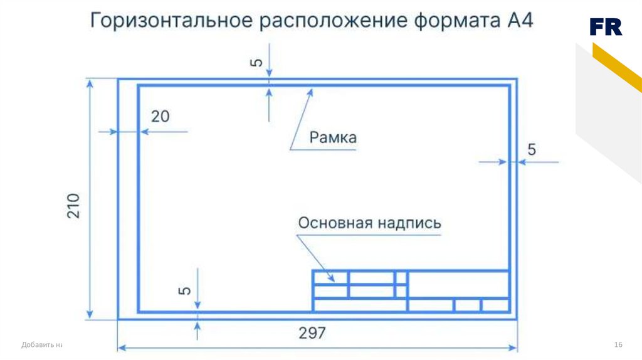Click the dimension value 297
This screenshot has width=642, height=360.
312,332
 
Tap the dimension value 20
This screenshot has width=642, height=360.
160,116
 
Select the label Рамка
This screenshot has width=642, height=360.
333,137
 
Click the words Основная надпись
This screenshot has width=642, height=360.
369,223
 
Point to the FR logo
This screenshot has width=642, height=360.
606,27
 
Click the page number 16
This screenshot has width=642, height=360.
618,345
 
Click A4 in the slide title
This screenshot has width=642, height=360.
518,20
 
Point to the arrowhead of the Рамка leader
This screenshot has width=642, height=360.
310,92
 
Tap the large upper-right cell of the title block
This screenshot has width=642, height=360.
458,283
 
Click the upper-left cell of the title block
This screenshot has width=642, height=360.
330,277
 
